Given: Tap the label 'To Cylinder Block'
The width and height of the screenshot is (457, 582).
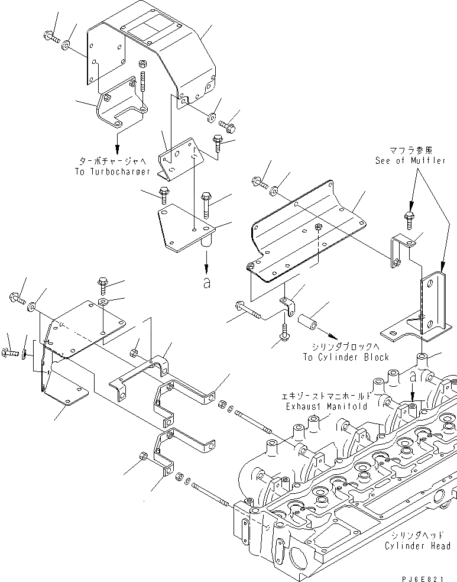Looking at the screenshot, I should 346,357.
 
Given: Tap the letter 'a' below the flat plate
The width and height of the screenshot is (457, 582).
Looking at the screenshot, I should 206,283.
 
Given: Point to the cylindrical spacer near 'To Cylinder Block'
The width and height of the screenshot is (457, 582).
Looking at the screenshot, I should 312,327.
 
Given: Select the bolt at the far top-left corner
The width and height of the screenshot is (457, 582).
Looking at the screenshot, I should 51,38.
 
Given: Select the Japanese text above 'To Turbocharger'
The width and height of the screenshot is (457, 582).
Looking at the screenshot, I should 114,160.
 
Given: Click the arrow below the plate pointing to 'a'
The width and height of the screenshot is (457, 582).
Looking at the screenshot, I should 206,258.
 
